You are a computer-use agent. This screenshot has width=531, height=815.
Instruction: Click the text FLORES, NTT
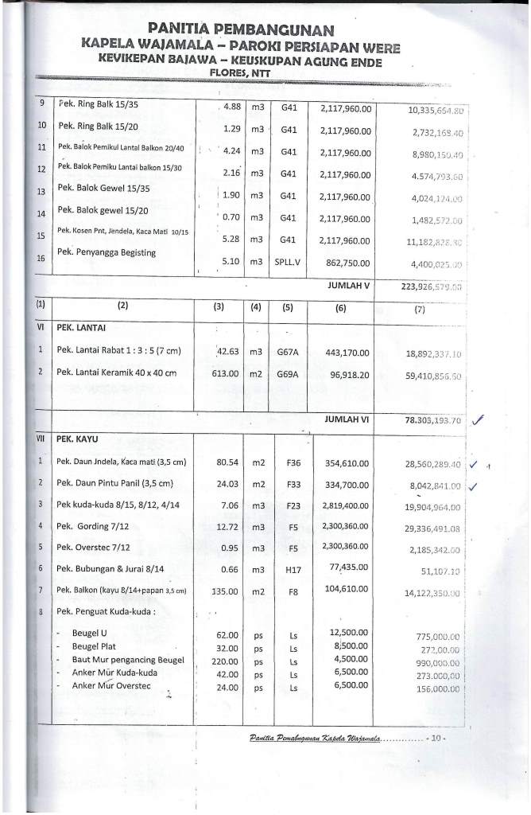(x=239, y=73)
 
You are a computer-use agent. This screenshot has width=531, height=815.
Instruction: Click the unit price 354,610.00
(x=348, y=462)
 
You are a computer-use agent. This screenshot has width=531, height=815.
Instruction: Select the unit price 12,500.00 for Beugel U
(x=348, y=634)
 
